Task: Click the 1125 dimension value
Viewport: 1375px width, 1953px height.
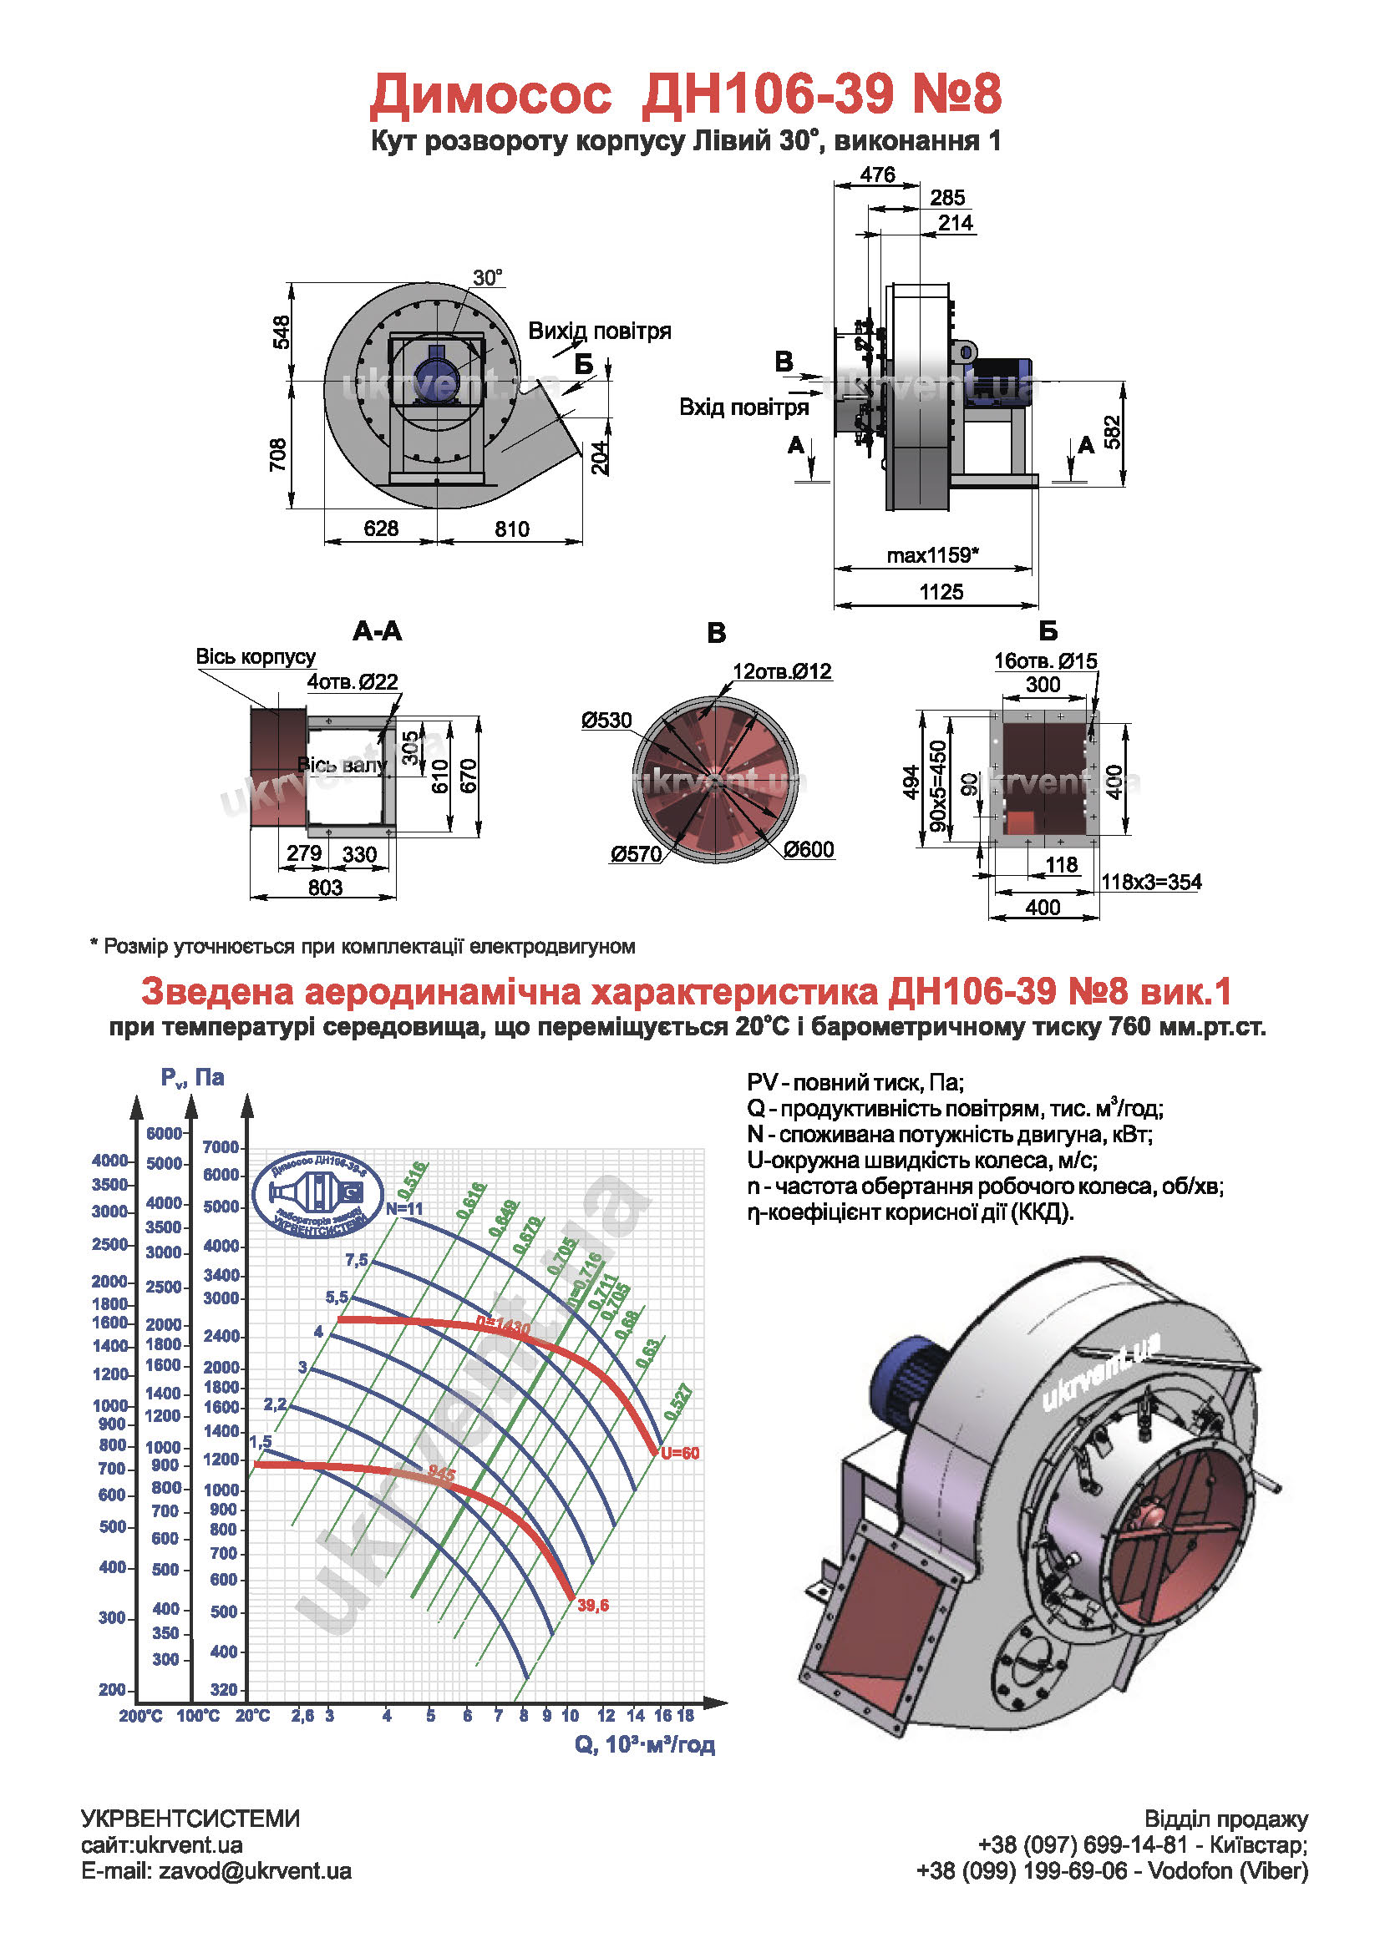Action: [941, 591]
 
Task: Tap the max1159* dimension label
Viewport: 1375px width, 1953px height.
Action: [931, 555]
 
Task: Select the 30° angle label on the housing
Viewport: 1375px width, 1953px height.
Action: [488, 277]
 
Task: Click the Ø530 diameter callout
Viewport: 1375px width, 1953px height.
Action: [606, 721]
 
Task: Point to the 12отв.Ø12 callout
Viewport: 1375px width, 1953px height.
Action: [781, 671]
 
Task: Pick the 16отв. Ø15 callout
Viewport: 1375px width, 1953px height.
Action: [1045, 661]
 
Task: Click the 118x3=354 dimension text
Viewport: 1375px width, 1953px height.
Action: [1150, 881]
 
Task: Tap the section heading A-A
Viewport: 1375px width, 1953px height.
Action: [377, 630]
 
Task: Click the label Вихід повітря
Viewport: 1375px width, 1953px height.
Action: [599, 331]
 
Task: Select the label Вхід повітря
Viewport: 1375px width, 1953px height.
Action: [743, 407]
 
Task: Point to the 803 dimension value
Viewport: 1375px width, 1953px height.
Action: [325, 888]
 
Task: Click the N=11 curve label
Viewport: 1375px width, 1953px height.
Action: [404, 1209]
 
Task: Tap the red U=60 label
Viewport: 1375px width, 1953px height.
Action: [680, 1453]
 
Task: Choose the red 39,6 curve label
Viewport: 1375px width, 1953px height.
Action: [592, 1605]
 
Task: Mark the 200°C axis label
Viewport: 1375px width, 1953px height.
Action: [140, 1716]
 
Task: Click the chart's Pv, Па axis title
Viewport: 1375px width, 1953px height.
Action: [192, 1077]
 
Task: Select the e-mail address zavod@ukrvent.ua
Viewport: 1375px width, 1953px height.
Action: [255, 1870]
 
